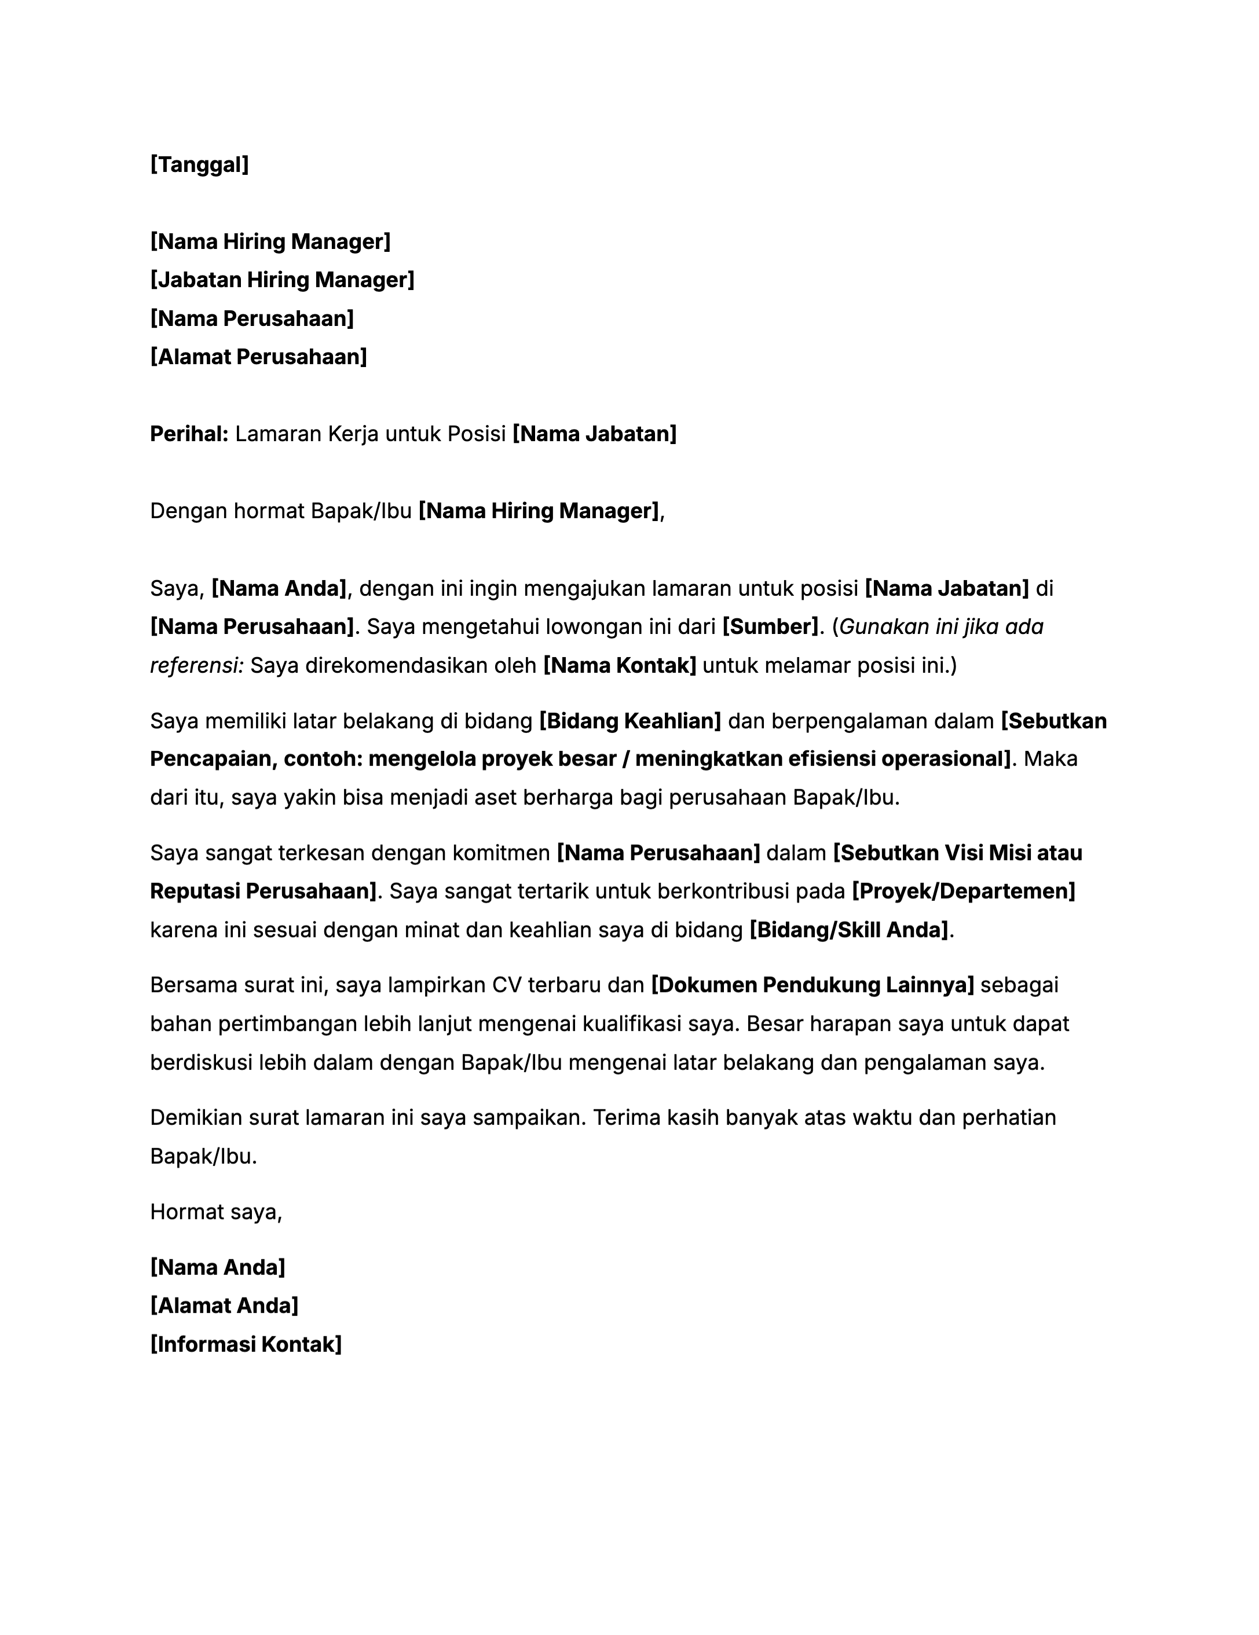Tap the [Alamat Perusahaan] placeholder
258,357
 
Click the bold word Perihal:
189,434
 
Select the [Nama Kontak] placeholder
620,666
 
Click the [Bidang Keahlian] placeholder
630,721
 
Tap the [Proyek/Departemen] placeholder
963,892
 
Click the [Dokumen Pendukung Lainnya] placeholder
813,985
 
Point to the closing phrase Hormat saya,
215,1212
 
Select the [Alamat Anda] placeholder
224,1306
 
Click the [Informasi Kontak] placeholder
246,1344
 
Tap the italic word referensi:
197,666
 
